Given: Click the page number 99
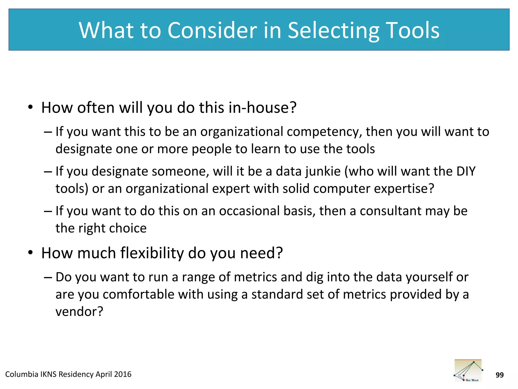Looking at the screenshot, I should point(500,375).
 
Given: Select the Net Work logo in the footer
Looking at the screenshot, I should point(468,371).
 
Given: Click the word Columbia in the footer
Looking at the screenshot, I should point(21,374).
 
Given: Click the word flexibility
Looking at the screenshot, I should point(152,253).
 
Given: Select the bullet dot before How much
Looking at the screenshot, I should point(31,253).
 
